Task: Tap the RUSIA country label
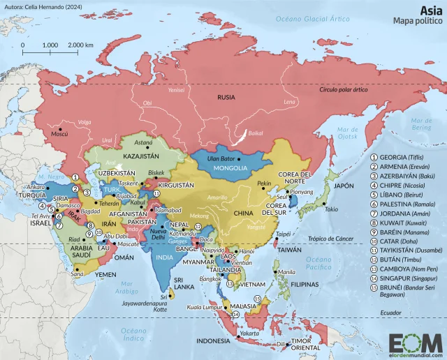226,97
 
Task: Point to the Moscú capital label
59,134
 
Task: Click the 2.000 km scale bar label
81,45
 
